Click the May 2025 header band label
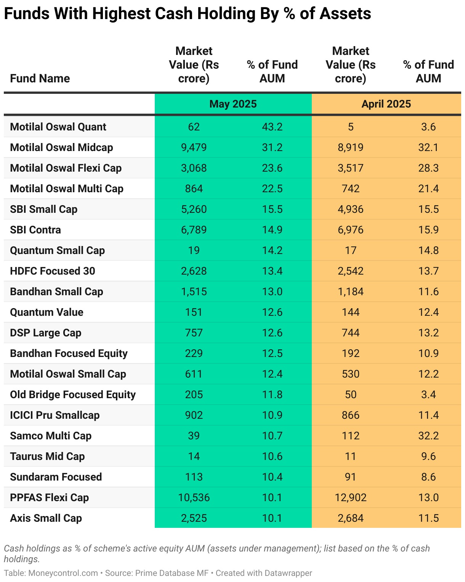(233, 104)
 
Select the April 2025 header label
(386, 104)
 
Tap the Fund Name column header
(40, 79)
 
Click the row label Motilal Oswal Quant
(58, 127)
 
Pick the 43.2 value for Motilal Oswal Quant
(272, 127)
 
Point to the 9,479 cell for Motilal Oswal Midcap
(194, 147)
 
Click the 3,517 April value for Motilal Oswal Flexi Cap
(350, 168)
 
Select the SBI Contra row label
(35, 230)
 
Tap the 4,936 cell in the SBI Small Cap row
(350, 209)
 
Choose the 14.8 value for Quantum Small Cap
(428, 251)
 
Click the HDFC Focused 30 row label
(53, 271)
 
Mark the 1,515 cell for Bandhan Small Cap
(194, 291)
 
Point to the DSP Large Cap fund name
(46, 333)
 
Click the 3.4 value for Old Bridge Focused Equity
(428, 395)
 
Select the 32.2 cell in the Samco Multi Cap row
(428, 436)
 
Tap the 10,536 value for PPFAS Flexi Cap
(194, 498)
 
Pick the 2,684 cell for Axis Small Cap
(350, 518)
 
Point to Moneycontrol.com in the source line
(63, 573)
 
